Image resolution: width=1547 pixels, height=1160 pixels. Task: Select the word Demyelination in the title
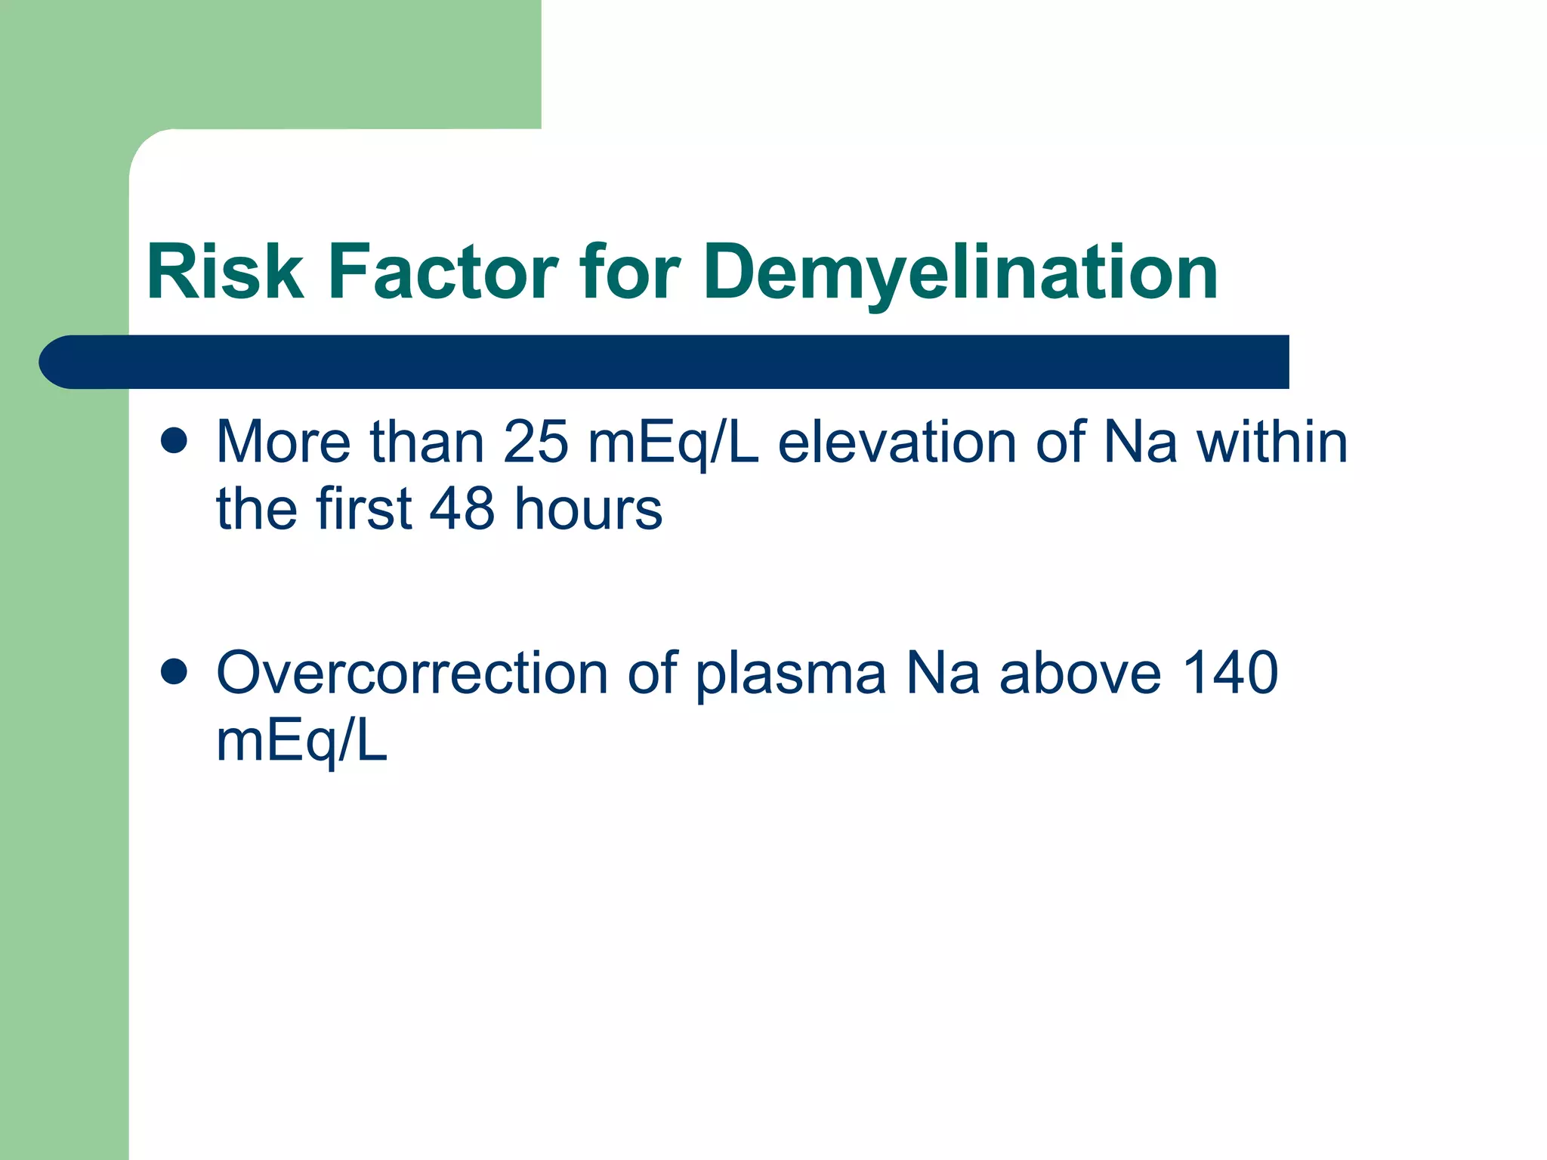coord(960,273)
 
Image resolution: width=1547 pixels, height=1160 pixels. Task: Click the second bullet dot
coord(174,671)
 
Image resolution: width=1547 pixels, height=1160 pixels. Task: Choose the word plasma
coord(790,674)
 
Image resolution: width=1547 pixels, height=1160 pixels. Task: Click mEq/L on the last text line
coord(301,742)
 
